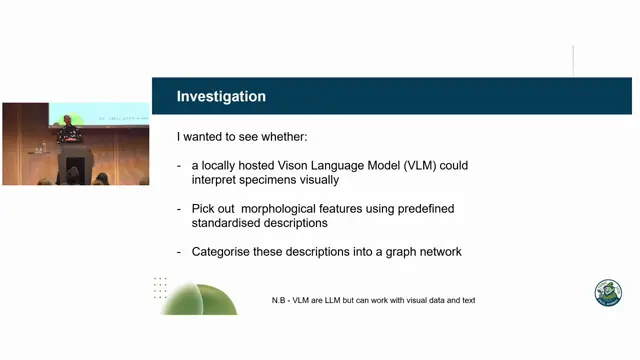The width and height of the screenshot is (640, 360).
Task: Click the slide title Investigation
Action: (221, 96)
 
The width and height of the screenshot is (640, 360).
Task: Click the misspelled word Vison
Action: (292, 165)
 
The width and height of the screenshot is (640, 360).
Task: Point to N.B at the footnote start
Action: (278, 300)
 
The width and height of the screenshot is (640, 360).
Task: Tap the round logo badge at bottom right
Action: (608, 293)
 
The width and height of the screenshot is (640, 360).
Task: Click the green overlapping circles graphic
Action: (200, 299)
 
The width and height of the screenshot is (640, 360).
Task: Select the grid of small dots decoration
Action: (160, 288)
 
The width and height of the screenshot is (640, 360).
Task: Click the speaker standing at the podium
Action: (68, 131)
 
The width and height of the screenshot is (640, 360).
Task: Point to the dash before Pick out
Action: (179, 209)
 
